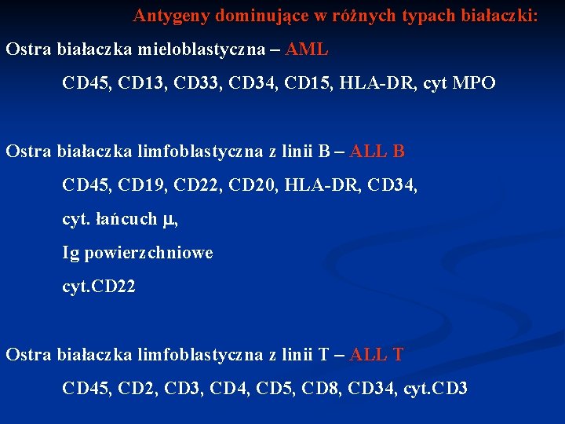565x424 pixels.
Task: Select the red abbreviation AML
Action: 307,49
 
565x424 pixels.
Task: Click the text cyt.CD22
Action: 99,287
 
